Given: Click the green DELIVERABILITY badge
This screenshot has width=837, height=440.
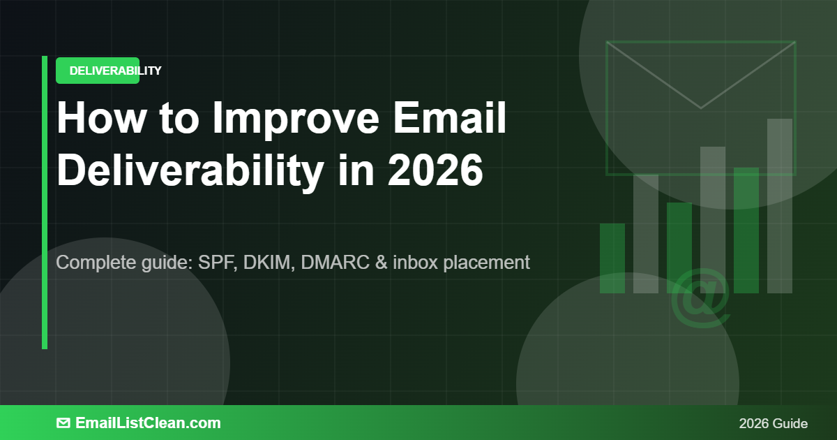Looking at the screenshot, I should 98,71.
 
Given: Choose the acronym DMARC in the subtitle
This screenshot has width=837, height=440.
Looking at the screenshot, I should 331,263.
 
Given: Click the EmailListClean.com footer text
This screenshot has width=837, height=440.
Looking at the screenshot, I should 148,423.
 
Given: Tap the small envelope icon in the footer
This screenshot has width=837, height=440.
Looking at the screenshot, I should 63,423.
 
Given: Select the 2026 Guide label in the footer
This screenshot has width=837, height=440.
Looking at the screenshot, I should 773,423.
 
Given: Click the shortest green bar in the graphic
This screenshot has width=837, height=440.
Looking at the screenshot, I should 612,258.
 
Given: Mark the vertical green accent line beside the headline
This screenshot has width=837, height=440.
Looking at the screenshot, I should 45,203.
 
